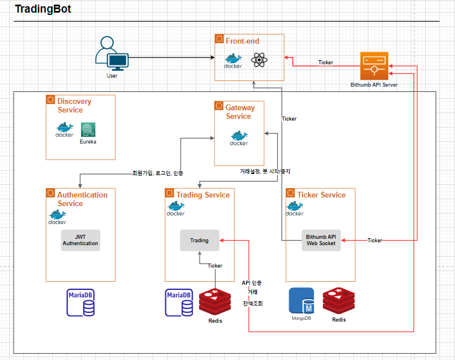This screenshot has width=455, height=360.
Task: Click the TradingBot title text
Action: point(42,10)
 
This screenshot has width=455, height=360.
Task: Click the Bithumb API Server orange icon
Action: point(374,66)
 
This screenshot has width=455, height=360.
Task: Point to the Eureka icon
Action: point(88,130)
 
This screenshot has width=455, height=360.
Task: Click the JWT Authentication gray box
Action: point(80,240)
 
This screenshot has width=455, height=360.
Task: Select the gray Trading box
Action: point(200,240)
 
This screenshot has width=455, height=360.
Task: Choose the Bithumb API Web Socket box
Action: point(321,240)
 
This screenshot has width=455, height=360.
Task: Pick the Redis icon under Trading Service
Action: point(215,303)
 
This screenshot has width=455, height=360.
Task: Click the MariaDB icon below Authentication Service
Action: point(80,303)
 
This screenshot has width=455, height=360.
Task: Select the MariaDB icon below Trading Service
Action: point(179,303)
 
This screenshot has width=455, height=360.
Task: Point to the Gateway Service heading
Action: point(240,111)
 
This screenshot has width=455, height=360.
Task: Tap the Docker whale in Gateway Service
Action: point(239,138)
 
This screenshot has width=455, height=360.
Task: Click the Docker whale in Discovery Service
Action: point(64,130)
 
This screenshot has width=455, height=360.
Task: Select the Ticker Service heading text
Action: point(321,195)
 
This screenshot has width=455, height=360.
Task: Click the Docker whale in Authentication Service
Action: point(57,217)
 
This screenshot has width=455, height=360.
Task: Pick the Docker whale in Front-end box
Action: point(233,60)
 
